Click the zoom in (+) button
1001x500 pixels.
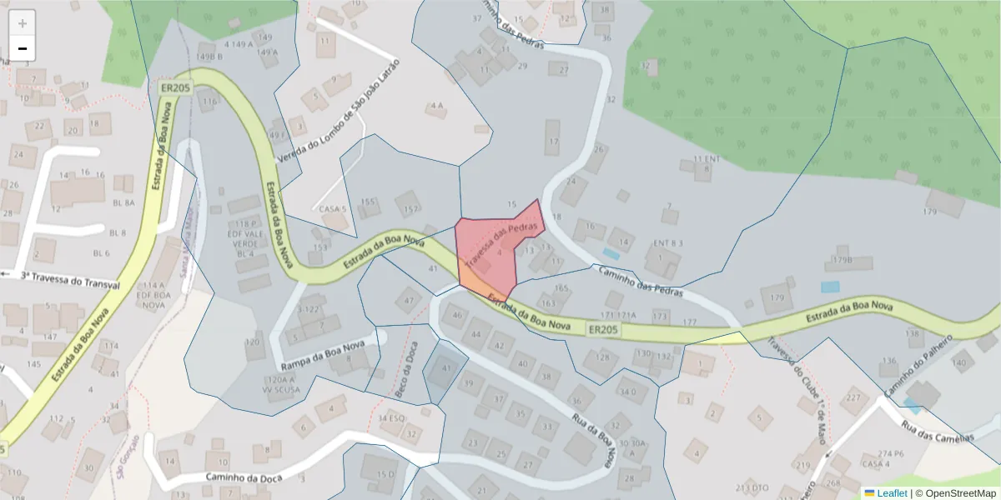tap(23, 23)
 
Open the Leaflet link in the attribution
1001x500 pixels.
tap(891, 493)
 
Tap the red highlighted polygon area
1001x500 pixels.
tap(492, 250)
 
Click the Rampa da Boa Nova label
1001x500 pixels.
tap(324, 356)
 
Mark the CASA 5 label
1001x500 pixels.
tap(330, 210)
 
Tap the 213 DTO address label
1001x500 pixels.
tap(752, 487)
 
